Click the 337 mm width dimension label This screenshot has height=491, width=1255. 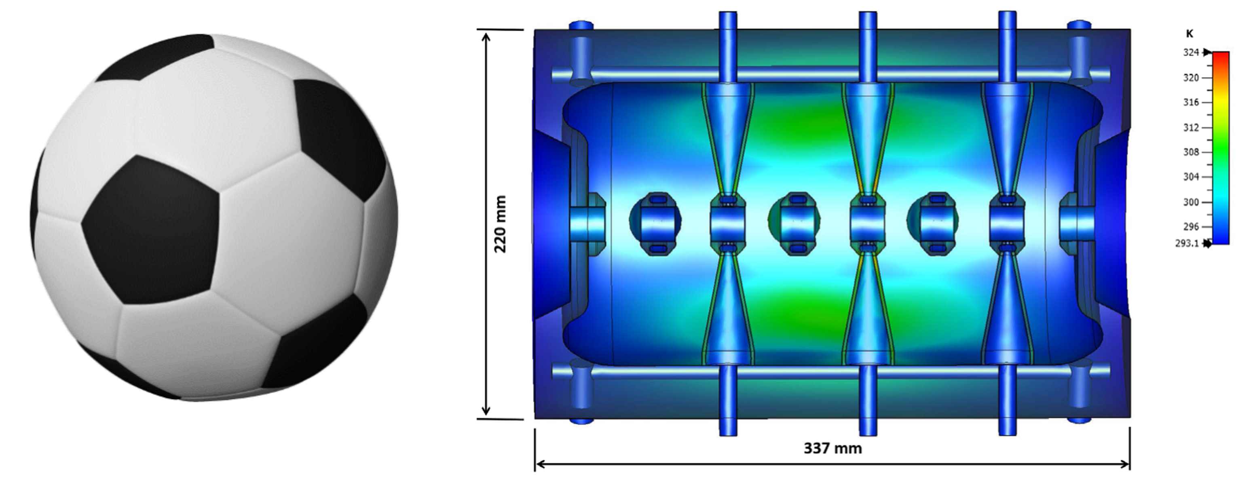pos(832,448)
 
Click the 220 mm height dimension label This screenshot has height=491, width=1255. pos(501,224)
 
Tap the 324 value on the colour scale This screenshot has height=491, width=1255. pos(1191,53)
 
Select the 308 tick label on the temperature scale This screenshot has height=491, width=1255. pos(1191,152)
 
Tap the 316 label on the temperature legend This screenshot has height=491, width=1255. pos(1191,102)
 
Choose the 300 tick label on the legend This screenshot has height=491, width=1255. pos(1191,202)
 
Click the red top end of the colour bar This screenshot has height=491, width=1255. pos(1220,57)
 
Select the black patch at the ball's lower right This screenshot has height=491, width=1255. pos(317,341)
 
